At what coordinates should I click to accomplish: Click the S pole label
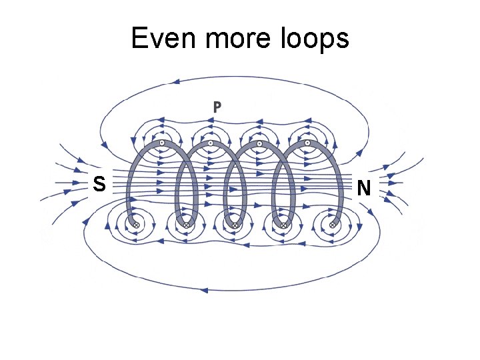point(99,183)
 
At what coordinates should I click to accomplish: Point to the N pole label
point(363,188)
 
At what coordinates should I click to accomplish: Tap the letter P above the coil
point(217,106)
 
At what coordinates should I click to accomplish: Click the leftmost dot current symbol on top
point(161,143)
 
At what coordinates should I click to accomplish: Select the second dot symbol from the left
point(210,143)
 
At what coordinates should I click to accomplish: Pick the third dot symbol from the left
point(259,143)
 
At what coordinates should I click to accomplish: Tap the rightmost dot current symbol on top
point(307,143)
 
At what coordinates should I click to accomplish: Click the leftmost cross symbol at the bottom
point(137,225)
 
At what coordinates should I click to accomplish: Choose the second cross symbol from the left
point(186,225)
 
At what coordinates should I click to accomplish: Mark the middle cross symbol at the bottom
point(235,225)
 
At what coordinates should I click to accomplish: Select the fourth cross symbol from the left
point(284,225)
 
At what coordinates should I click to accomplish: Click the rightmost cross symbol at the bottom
point(333,225)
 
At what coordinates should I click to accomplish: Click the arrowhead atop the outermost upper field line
point(176,83)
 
